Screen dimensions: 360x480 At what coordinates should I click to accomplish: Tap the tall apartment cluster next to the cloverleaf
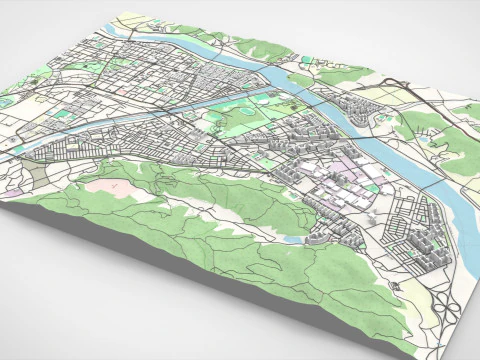click(x=420, y=250)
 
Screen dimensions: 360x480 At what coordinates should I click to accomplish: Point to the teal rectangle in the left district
click(x=65, y=116)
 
